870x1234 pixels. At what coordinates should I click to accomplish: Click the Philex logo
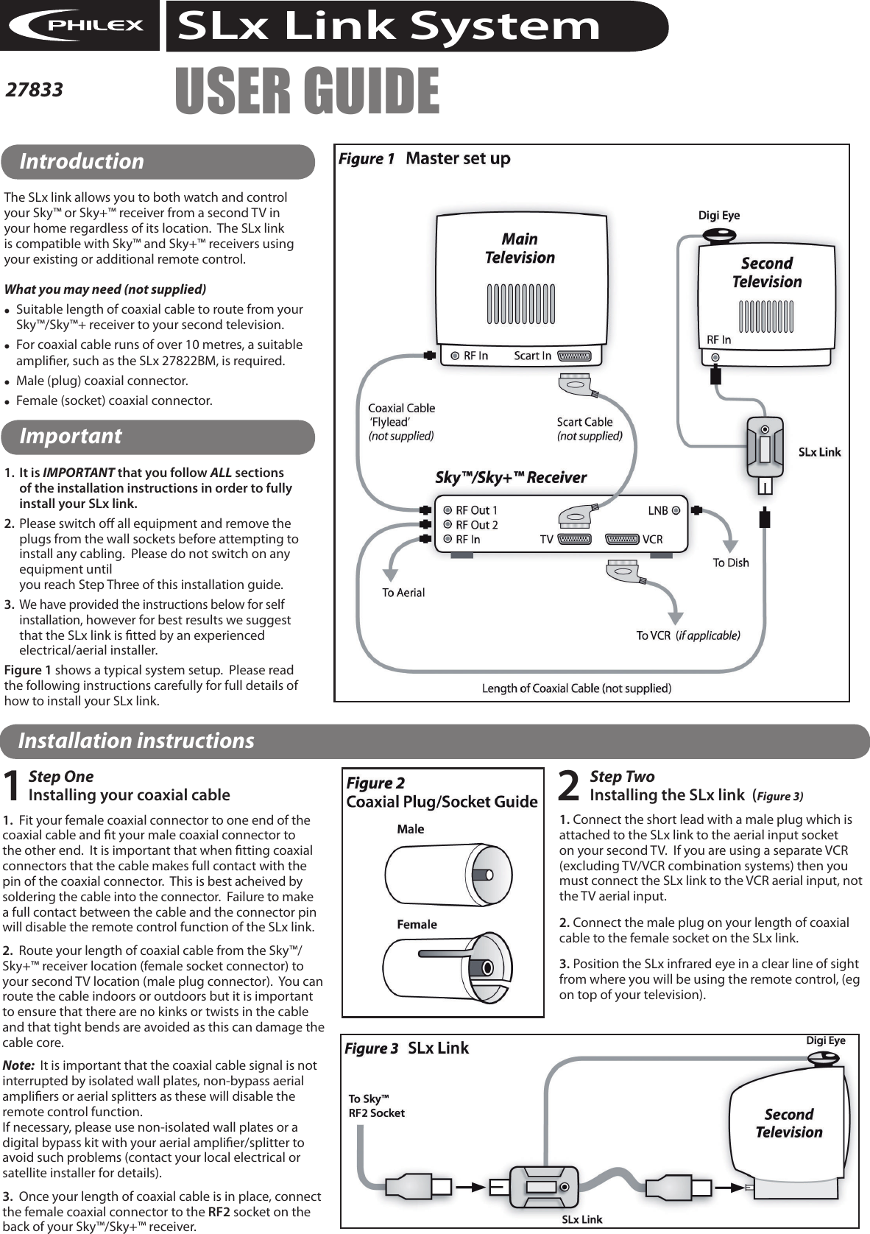coord(79,26)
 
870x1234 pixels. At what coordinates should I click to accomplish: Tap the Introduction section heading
coord(82,161)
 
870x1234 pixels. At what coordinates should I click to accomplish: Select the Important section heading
coord(70,436)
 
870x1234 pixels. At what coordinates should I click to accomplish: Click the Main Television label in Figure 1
coord(520,248)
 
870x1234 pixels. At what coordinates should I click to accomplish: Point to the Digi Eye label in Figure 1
coord(718,216)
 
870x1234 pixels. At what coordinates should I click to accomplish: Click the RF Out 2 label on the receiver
coord(476,525)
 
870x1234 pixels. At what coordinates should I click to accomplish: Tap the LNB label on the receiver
coord(657,510)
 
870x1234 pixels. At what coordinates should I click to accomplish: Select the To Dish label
coord(730,563)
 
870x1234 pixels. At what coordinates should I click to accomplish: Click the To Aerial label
coord(403,592)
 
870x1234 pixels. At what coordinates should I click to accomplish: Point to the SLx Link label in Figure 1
coord(819,452)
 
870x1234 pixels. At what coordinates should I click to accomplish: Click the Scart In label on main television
coord(532,356)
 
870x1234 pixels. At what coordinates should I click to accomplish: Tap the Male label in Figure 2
coord(410,829)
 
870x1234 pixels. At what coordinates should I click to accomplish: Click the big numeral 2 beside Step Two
coord(570,786)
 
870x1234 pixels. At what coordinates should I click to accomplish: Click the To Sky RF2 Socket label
coord(376,1106)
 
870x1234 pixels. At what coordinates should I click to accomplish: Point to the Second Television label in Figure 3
coord(788,1124)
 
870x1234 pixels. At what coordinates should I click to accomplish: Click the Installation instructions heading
coord(136,741)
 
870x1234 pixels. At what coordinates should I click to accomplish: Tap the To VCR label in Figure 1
coord(653,635)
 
